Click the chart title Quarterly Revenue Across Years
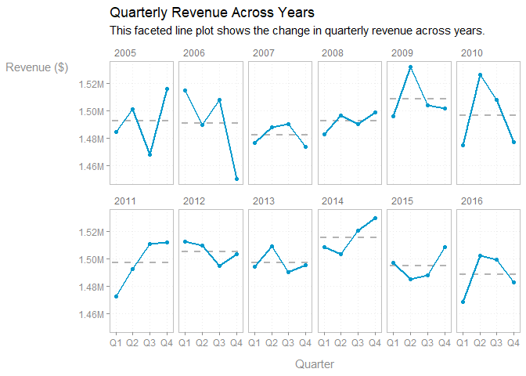coord(212,13)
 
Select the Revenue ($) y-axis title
coord(37,67)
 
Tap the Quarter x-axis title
coord(315,364)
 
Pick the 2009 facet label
coord(402,53)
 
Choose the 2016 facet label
coord(470,201)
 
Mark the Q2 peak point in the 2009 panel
coord(409,67)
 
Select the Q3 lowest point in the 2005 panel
coord(150,154)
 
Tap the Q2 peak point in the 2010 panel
coord(481,75)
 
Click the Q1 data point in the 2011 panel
coord(117,296)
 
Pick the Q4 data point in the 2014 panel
coord(375,218)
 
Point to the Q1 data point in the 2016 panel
coord(463,302)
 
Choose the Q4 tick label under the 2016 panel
coord(513,342)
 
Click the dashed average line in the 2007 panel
coord(279,135)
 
